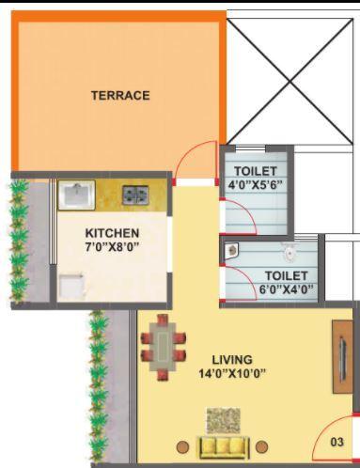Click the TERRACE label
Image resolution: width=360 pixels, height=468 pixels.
[119, 95]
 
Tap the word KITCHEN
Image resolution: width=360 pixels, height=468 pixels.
[112, 233]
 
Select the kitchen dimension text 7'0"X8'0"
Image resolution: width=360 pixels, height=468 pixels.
[112, 247]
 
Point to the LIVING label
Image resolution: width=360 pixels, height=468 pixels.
[231, 360]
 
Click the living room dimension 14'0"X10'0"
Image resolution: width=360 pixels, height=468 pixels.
[231, 373]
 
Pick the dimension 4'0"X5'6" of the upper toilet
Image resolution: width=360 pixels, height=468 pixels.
[256, 185]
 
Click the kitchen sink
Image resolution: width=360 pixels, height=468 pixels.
[75, 195]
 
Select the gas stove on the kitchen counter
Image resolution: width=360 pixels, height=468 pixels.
[135, 195]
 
